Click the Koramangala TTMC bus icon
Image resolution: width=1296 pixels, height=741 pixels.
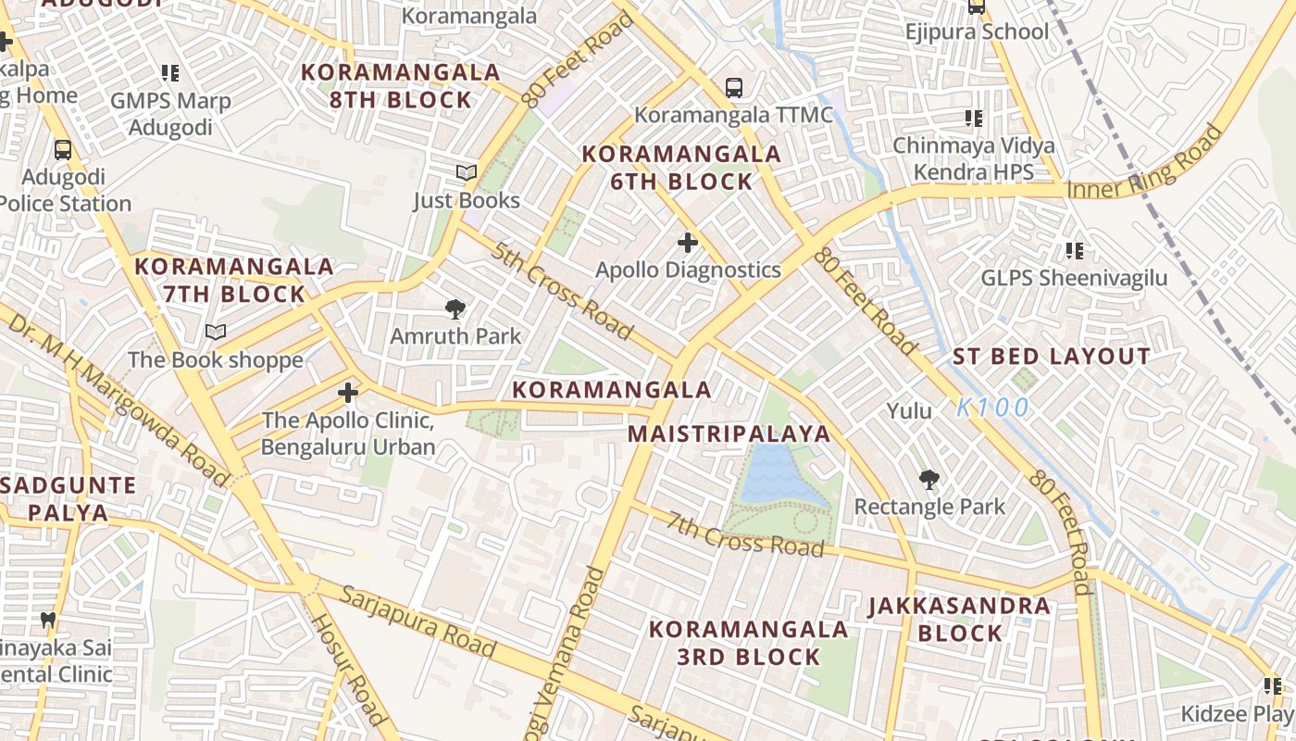point(734,88)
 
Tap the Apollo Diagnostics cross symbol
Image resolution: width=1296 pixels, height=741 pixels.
point(688,243)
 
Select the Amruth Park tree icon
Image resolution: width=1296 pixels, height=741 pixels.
point(455,309)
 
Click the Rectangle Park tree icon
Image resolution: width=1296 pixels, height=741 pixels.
point(928,480)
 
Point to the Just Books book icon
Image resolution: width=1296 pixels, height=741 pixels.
point(467,172)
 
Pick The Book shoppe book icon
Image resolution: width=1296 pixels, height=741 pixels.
point(216,332)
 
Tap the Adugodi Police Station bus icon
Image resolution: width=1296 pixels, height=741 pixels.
point(63,149)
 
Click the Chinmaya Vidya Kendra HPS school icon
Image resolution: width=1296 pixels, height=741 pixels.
point(973,119)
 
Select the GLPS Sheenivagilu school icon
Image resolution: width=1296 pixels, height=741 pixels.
point(1075,250)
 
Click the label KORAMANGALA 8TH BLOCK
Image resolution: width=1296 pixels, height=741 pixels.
point(401,86)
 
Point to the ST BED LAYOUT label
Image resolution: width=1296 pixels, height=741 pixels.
point(1052,357)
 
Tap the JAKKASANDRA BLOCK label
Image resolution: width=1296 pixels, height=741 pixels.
point(959,620)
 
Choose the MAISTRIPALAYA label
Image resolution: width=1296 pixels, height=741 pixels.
point(729,434)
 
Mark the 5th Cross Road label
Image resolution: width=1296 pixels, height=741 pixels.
point(562,291)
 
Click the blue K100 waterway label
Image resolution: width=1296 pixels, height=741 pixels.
point(992,408)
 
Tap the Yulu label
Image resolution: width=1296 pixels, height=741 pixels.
point(909,410)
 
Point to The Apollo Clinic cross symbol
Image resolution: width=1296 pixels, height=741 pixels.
point(348,394)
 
